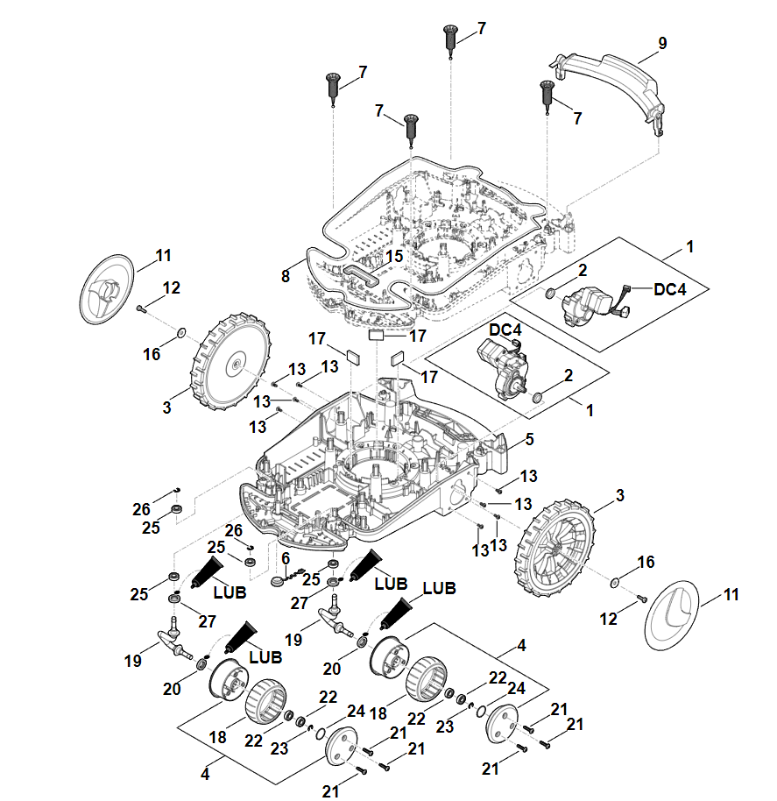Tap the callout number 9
[x=662, y=42]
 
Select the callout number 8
[x=285, y=276]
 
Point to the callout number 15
[x=394, y=256]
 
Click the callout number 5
[x=529, y=439]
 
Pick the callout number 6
[x=285, y=558]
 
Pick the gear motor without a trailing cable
[x=500, y=368]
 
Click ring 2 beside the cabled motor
[x=549, y=293]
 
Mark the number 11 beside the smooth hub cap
[x=731, y=594]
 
